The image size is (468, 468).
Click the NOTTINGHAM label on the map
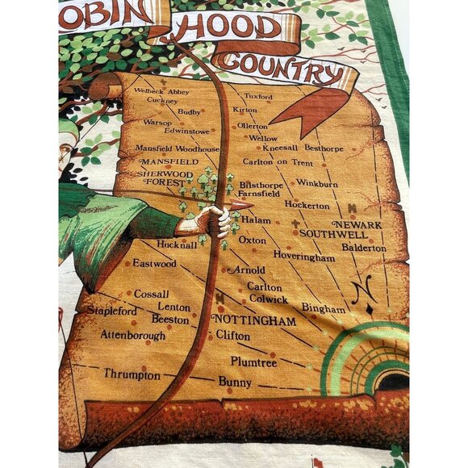pos(254,320)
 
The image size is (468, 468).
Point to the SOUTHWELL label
pos(333,234)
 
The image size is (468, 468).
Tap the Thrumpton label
pos(132,375)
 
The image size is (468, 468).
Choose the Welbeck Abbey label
pos(161,91)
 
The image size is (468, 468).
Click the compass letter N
pos(363,286)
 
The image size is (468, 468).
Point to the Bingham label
pos(324,307)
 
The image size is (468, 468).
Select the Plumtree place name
pos(253,361)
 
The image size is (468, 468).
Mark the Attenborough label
pos(133,335)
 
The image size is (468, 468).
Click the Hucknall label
pos(178,244)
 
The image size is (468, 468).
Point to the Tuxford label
pos(257,96)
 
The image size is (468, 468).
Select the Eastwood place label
pos(154,263)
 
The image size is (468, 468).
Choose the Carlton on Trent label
pos(278,162)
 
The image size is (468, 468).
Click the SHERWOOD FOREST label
pos(167,178)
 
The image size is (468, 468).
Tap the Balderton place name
pos(364,248)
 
